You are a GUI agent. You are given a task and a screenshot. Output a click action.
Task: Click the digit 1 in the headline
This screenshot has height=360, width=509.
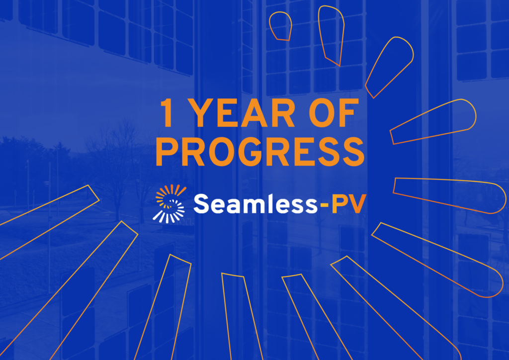167,113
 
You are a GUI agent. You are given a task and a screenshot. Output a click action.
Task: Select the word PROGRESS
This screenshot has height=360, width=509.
260,152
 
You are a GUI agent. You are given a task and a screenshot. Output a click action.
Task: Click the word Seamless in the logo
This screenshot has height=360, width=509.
255,203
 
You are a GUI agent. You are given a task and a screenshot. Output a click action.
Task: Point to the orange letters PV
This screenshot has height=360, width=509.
348,204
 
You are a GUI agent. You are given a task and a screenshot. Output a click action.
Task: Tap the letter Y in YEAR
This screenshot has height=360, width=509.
200,113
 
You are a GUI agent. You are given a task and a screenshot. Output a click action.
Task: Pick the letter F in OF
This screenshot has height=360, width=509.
349,113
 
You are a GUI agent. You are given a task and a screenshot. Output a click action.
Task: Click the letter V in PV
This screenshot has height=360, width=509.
356,204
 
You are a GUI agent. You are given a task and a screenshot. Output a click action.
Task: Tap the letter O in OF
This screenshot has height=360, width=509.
322,113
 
